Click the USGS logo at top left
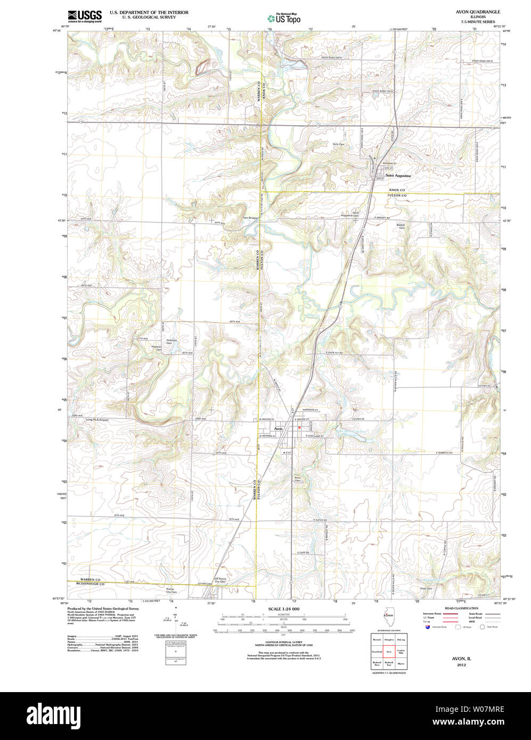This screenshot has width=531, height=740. click(x=85, y=15)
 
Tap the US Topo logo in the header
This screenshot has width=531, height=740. click(x=284, y=18)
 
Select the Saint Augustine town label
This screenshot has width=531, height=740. click(x=398, y=176)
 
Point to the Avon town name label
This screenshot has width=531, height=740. click(x=278, y=429)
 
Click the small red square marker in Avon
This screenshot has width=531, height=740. click(x=299, y=427)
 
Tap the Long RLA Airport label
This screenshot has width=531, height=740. click(x=97, y=420)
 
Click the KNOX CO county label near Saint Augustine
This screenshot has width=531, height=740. click(x=397, y=190)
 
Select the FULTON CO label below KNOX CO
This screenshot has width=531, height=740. click(x=397, y=196)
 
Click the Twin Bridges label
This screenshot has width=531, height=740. click(x=250, y=218)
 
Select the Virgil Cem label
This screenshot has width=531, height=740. click(x=426, y=588)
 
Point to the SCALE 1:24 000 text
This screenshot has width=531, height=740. click(x=284, y=609)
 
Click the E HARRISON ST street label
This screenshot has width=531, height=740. click(x=309, y=410)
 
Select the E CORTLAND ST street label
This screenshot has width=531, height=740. click(x=315, y=436)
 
